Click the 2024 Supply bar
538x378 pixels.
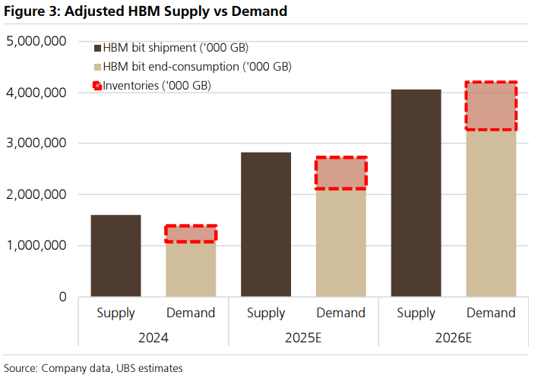tap(116, 256)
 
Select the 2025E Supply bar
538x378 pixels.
tap(266, 225)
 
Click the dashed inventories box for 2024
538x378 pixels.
tap(191, 234)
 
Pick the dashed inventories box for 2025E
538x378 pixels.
tap(341, 173)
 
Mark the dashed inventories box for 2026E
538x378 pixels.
tap(491, 106)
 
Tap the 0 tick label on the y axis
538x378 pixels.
tap(62, 297)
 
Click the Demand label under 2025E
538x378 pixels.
tap(341, 313)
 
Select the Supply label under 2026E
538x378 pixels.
tap(416, 313)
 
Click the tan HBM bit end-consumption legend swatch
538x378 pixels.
tap(97, 67)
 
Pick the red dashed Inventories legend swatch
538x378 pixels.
tap(97, 85)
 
